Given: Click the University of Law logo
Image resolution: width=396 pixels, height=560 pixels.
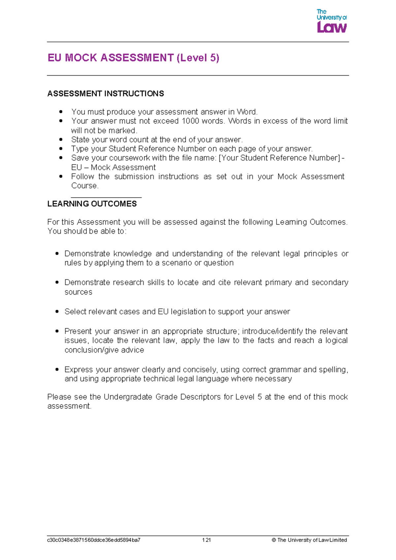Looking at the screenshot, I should pyautogui.click(x=331, y=21).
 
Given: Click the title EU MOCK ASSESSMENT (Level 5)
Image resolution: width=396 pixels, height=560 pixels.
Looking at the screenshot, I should pyautogui.click(x=133, y=58).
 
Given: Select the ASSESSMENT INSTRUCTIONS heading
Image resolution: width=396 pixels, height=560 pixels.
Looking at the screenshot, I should pyautogui.click(x=106, y=94).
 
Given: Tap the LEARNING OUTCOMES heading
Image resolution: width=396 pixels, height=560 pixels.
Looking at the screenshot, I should pyautogui.click(x=92, y=204).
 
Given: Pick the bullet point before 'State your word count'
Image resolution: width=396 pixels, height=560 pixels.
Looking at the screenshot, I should pyautogui.click(x=61, y=140).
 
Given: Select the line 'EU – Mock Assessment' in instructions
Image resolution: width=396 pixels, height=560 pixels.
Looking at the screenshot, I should pyautogui.click(x=113, y=167).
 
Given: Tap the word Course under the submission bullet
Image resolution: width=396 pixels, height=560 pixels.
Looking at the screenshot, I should pyautogui.click(x=84, y=186).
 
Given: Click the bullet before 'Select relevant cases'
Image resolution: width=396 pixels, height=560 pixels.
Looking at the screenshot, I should pyautogui.click(x=57, y=312).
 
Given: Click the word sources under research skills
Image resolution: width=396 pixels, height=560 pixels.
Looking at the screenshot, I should pyautogui.click(x=78, y=292).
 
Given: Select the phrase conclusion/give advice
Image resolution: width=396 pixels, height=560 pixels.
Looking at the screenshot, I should pyautogui.click(x=104, y=350).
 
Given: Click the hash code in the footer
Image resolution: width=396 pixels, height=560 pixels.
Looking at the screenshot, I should pyautogui.click(x=94, y=540).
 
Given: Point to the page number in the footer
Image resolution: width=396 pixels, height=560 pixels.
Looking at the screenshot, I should pyautogui.click(x=207, y=540).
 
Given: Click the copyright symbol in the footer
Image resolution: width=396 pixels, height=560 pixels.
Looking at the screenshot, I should pyautogui.click(x=274, y=540).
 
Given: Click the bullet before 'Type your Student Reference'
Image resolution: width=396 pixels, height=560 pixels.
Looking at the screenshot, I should pyautogui.click(x=61, y=149).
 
